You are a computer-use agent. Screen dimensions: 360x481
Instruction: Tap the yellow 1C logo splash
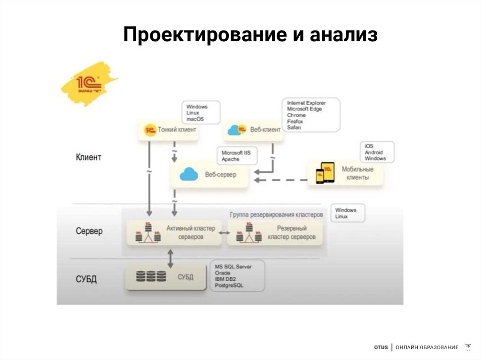[x=89, y=83]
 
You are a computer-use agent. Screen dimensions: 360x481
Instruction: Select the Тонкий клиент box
[x=168, y=130]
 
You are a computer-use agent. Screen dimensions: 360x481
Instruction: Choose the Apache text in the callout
[x=231, y=159]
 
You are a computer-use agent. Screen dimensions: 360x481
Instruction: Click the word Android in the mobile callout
[x=374, y=152]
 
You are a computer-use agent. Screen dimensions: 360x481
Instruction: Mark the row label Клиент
[x=88, y=157]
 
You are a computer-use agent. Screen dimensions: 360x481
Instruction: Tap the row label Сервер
[x=89, y=231]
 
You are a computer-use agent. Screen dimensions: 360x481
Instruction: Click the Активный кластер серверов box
[x=174, y=232]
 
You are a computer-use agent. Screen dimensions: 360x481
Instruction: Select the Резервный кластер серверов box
[x=275, y=233]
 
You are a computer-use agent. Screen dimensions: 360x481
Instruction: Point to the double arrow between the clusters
[x=225, y=233]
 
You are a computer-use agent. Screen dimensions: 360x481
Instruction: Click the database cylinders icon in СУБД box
[x=151, y=276]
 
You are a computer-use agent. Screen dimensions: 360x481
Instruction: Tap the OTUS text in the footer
[x=381, y=347]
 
